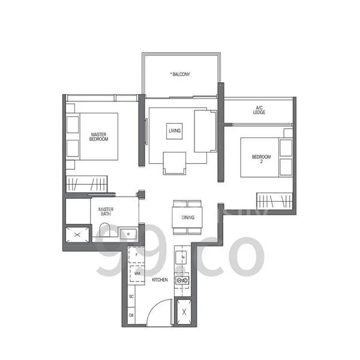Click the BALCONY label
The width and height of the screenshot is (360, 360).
point(181,74)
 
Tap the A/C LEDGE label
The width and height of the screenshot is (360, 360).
point(259,110)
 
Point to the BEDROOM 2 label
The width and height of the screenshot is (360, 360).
point(262,159)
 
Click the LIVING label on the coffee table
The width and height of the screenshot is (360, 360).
point(175,130)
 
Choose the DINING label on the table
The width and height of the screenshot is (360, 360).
point(187,217)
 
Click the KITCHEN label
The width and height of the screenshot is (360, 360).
point(159,280)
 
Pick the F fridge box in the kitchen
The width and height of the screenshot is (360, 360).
point(138,256)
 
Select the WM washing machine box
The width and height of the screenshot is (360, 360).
point(138,274)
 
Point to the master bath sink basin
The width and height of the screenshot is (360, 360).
point(128,233)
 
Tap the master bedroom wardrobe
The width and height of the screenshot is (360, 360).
point(86,183)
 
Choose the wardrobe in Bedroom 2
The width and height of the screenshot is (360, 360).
point(274,200)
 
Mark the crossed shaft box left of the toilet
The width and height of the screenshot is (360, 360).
point(77,234)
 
